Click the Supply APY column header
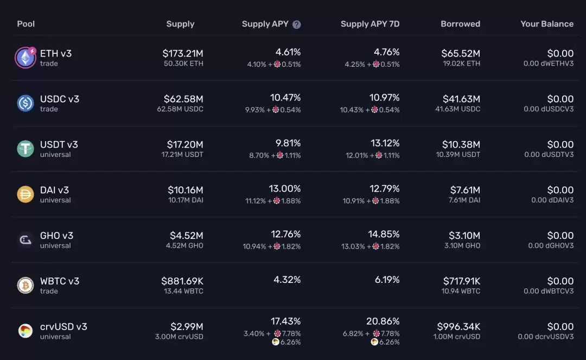[x=265, y=24]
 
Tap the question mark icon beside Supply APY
[x=297, y=24]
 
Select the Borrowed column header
[x=460, y=24]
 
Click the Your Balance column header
[x=546, y=24]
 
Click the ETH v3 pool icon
[x=25, y=58]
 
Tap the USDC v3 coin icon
[x=25, y=103]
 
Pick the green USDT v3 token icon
[x=25, y=149]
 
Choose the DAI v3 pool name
[x=54, y=190]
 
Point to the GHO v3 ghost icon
[x=25, y=240]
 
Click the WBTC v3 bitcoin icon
[x=25, y=286]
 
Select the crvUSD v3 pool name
[x=63, y=326]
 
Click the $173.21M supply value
[x=183, y=53]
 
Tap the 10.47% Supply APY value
[x=285, y=98]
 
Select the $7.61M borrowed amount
[x=465, y=190]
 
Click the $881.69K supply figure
[x=182, y=281]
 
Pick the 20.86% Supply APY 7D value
[x=383, y=321]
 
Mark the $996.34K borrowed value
[x=458, y=327]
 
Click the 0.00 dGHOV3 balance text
[x=551, y=245]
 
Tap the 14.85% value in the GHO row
[x=384, y=235]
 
